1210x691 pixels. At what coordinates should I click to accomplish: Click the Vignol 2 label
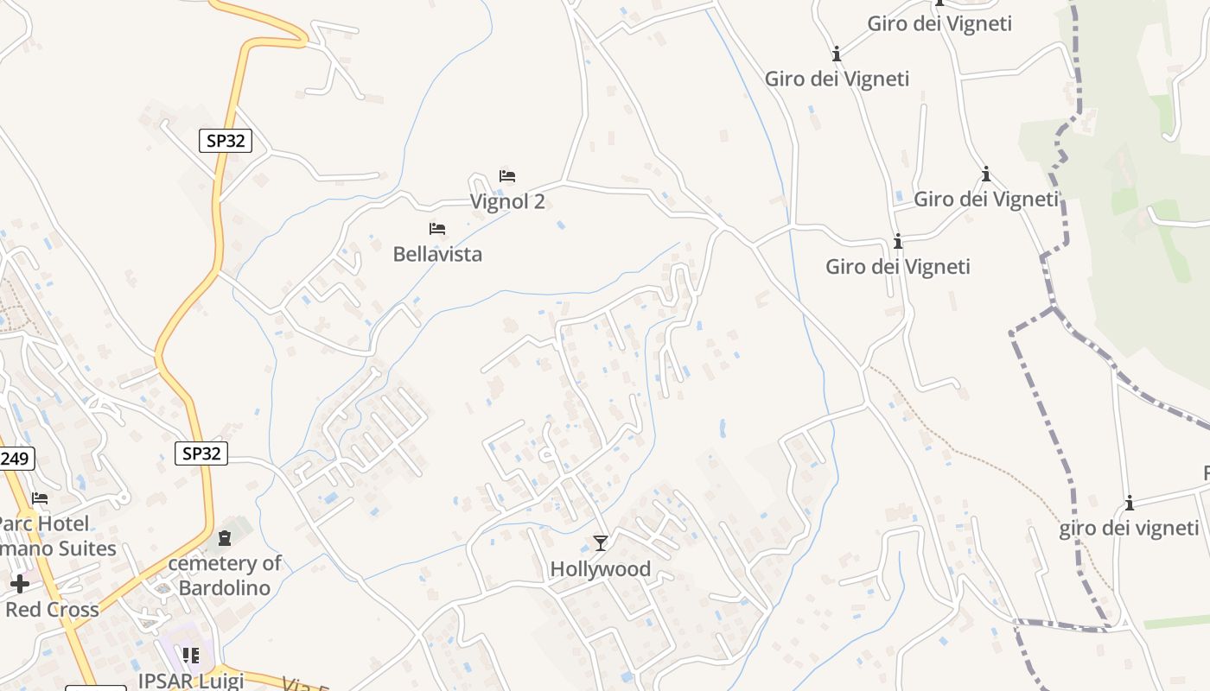pos(507,201)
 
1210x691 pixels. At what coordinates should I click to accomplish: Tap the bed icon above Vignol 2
pos(507,176)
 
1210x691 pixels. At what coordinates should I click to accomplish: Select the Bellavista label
pos(437,254)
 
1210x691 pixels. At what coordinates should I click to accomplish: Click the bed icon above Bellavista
pos(437,229)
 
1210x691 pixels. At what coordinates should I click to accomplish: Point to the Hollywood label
pos(601,569)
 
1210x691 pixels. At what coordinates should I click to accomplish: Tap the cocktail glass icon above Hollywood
pos(601,543)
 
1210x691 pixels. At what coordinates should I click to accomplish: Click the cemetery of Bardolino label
pos(225,576)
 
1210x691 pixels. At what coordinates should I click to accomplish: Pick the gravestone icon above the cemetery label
pos(225,539)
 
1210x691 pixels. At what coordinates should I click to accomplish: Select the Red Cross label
pos(52,609)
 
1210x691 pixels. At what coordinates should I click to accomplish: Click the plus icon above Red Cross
pos(20,584)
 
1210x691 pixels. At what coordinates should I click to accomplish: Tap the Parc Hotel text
pos(43,523)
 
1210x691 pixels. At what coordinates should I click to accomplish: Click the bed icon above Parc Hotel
pos(40,498)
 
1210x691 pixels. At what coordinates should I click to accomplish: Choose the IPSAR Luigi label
pos(191,681)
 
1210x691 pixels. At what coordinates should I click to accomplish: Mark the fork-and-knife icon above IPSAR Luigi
pos(191,656)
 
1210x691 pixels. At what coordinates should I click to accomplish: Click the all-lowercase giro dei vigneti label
pos(1129,529)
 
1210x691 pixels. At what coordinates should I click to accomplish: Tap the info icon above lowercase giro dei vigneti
pos(1129,503)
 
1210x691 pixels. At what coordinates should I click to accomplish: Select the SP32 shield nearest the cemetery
pos(201,453)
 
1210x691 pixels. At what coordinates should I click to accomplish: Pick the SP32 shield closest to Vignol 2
pos(226,141)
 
